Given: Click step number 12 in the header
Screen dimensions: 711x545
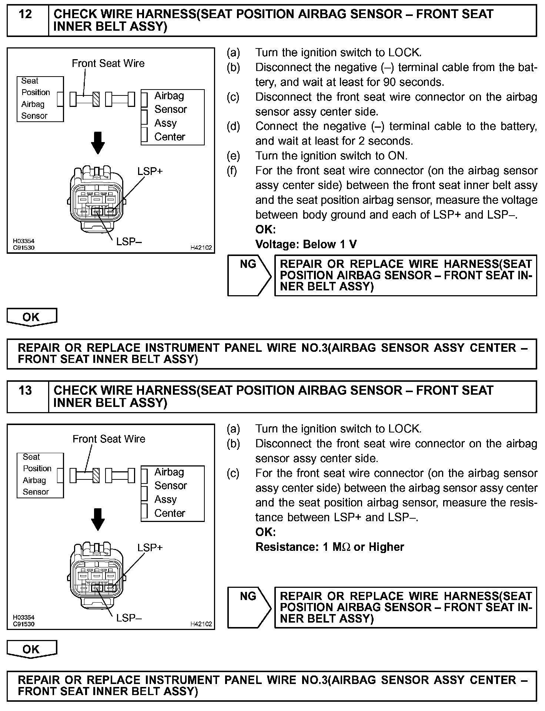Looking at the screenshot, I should [25, 15].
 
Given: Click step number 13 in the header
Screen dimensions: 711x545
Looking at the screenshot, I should [25, 391].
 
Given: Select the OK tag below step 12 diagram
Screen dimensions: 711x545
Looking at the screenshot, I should [32, 317].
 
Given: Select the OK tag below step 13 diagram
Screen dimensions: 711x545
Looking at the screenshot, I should [32, 649].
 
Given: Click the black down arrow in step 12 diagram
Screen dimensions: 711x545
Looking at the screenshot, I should [98, 142].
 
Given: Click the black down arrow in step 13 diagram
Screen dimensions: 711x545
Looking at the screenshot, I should [98, 519].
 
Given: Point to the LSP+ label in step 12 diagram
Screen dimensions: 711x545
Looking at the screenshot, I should [150, 172].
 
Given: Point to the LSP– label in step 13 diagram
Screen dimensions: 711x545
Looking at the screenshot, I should [129, 618].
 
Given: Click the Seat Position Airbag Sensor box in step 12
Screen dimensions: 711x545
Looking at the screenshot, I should [40, 99].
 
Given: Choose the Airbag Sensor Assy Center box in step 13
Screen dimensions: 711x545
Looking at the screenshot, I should [173, 493].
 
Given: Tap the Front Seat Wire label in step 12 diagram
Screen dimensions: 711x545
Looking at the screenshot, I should [108, 64].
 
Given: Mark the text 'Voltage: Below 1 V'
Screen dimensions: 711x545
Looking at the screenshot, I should [306, 244].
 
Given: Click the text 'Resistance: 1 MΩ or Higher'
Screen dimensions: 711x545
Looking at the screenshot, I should [330, 547].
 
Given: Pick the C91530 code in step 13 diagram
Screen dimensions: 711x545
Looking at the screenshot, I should [24, 624].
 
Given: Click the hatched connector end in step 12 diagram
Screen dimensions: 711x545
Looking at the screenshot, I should [96, 99].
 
